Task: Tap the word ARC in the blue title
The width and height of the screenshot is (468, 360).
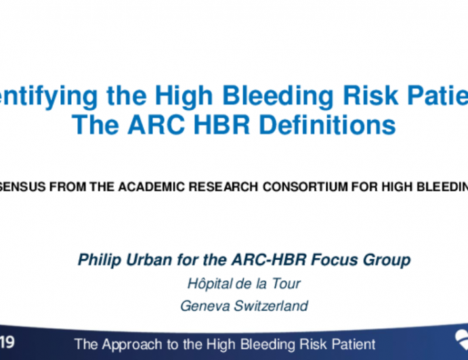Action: point(161,125)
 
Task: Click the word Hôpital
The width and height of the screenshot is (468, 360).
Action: point(210,284)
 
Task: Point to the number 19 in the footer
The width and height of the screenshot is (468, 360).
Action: point(7,344)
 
